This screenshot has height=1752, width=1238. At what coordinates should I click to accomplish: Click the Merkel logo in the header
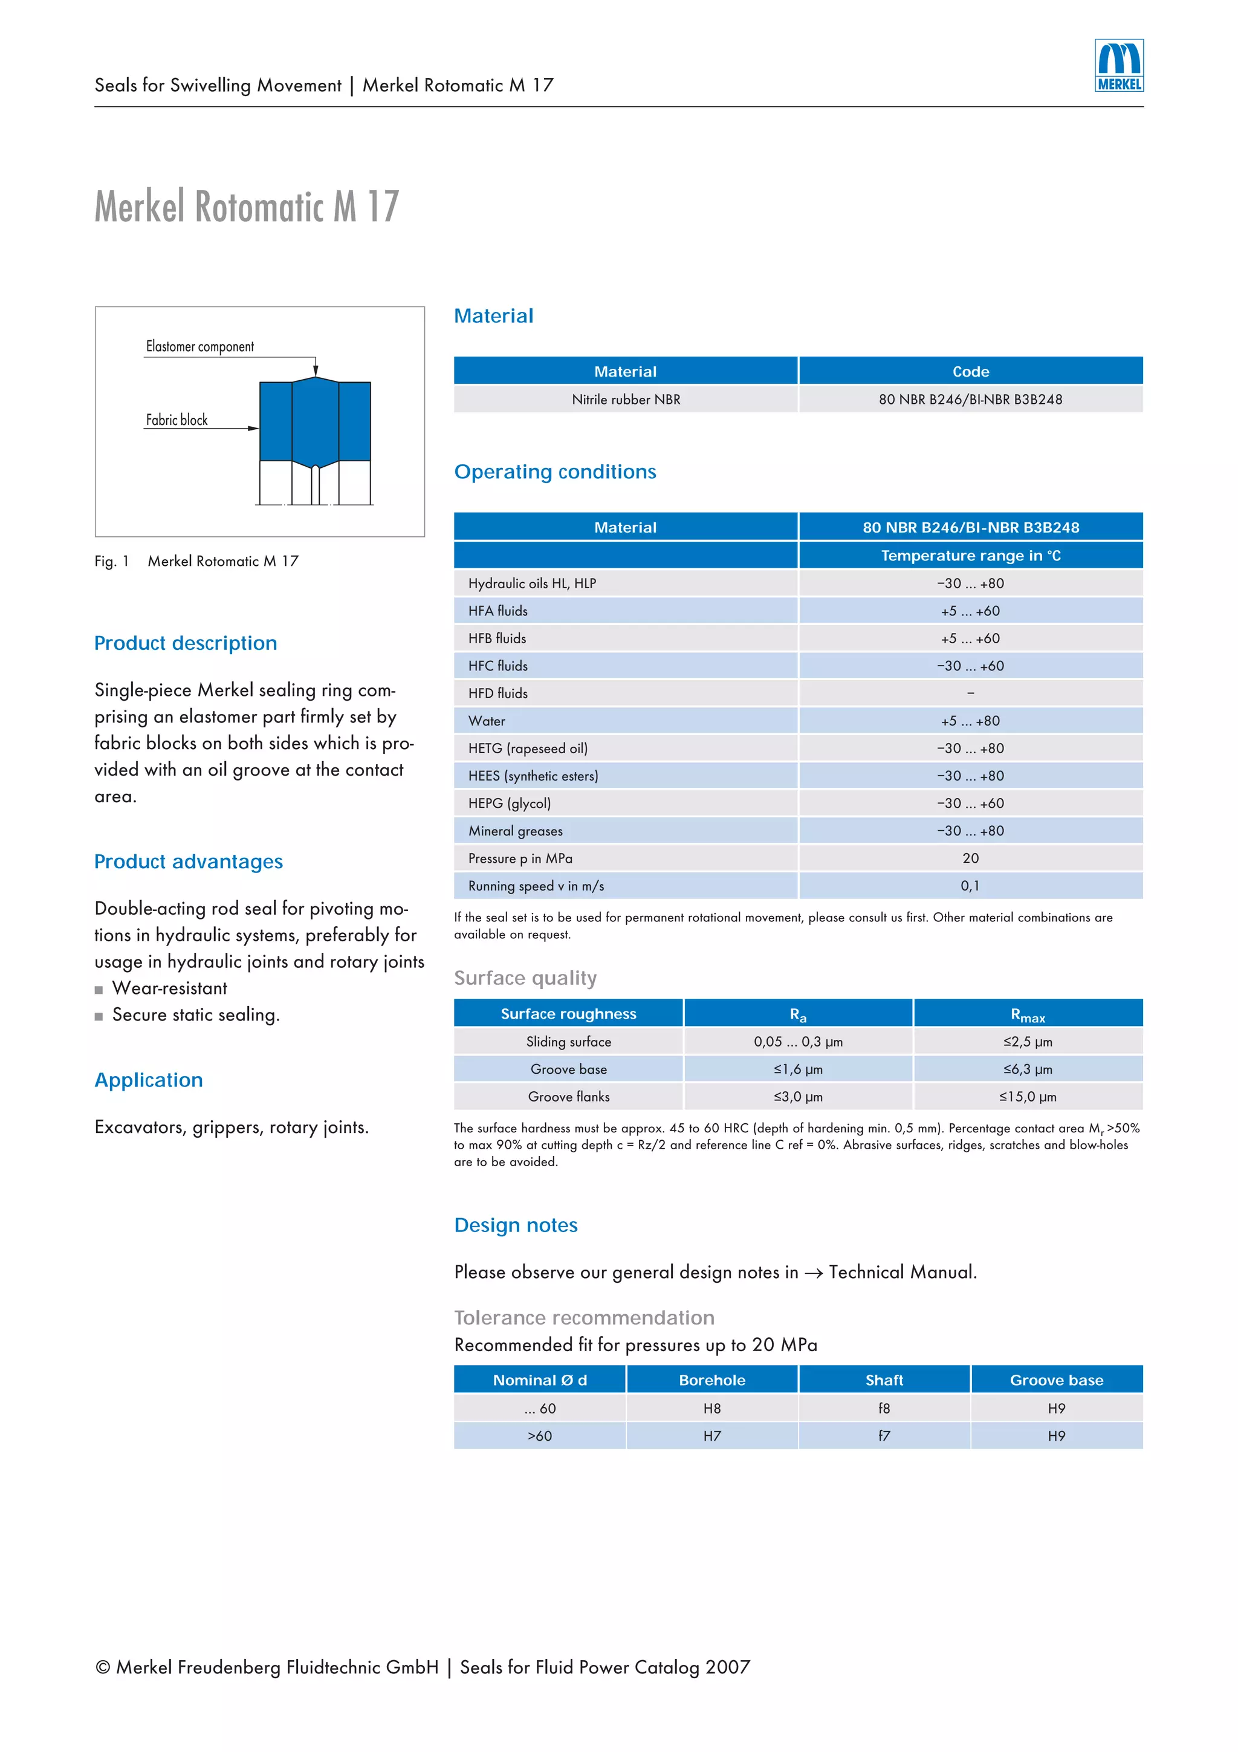[1118, 66]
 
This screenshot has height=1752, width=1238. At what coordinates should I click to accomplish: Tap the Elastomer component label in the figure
[200, 346]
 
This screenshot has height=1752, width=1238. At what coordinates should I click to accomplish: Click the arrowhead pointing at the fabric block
[253, 428]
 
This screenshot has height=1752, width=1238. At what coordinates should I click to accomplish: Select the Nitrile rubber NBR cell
[626, 399]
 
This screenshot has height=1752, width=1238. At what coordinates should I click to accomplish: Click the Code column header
[970, 372]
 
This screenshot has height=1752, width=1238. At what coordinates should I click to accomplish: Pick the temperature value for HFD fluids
[970, 693]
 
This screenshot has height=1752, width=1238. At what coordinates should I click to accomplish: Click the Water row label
[487, 721]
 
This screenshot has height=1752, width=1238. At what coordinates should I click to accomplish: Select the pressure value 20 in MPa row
[970, 858]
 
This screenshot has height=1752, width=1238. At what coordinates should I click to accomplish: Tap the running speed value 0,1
[970, 885]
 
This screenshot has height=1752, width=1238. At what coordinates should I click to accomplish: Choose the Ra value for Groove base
[798, 1069]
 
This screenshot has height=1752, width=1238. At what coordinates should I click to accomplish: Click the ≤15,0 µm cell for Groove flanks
[1028, 1097]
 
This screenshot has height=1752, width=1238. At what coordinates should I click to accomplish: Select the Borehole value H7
[711, 1435]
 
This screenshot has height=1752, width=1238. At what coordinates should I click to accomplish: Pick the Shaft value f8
[884, 1408]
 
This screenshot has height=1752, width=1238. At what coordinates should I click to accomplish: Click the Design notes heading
[516, 1225]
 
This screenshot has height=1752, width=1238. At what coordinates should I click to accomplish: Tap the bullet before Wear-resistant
[99, 990]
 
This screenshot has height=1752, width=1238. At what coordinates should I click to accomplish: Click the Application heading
[149, 1080]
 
